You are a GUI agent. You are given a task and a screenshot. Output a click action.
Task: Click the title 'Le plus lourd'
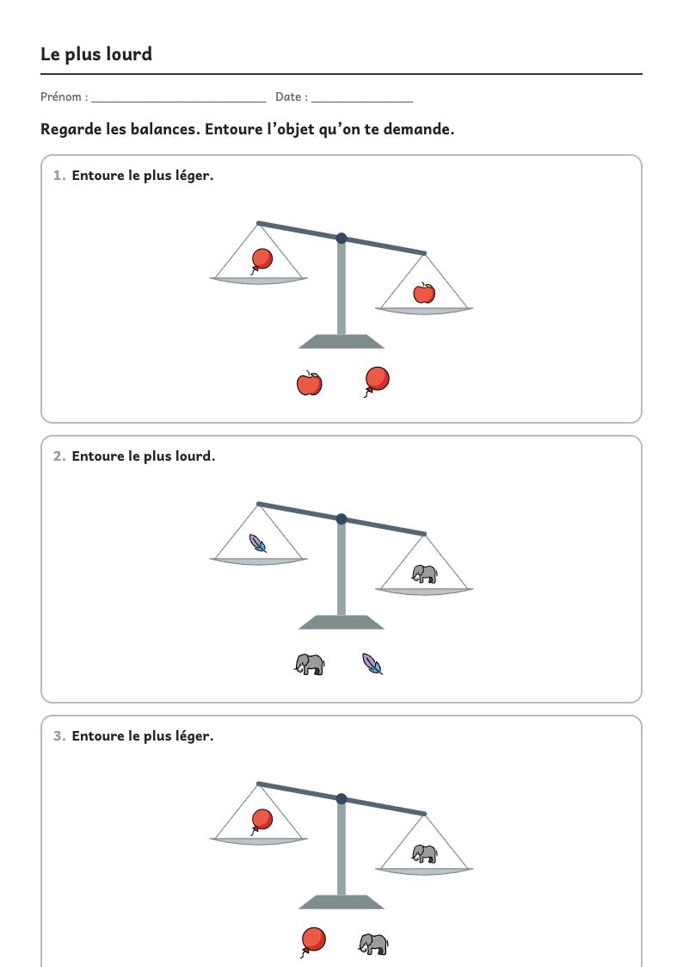(96, 54)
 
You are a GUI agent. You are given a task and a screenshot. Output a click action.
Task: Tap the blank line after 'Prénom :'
(179, 101)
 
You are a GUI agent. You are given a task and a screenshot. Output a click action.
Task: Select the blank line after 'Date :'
(362, 101)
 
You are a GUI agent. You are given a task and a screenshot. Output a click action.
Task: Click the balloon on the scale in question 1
(262, 261)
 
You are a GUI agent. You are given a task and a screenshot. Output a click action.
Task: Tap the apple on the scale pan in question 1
(424, 293)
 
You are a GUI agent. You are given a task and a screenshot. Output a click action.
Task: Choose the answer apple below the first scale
(309, 383)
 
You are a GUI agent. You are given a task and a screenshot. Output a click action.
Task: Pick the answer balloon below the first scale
(376, 381)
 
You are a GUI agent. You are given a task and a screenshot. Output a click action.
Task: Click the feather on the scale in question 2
(257, 543)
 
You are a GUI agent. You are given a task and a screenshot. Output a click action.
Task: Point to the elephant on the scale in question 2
(424, 574)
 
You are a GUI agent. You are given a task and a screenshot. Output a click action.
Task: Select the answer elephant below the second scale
(310, 664)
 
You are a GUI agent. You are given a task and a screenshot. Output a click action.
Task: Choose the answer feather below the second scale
(372, 664)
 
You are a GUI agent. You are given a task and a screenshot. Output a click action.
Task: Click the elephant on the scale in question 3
(424, 854)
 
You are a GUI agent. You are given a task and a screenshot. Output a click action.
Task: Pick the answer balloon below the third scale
(313, 942)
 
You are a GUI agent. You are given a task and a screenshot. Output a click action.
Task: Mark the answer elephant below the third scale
(374, 945)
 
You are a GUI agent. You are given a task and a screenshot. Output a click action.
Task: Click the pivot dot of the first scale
(341, 238)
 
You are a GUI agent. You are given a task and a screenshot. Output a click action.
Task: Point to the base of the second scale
(341, 623)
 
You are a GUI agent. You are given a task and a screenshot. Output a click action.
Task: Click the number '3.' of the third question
(59, 736)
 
